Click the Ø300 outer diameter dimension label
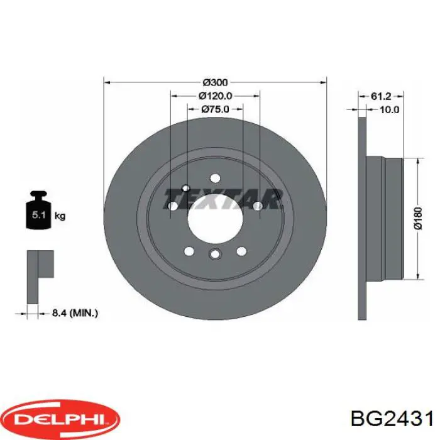click(x=215, y=82)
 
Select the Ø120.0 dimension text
click(x=215, y=96)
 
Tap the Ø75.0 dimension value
click(x=215, y=109)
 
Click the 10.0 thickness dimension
click(x=389, y=109)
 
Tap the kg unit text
click(x=60, y=216)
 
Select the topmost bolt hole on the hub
click(x=215, y=177)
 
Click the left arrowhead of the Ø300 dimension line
click(x=107, y=82)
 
